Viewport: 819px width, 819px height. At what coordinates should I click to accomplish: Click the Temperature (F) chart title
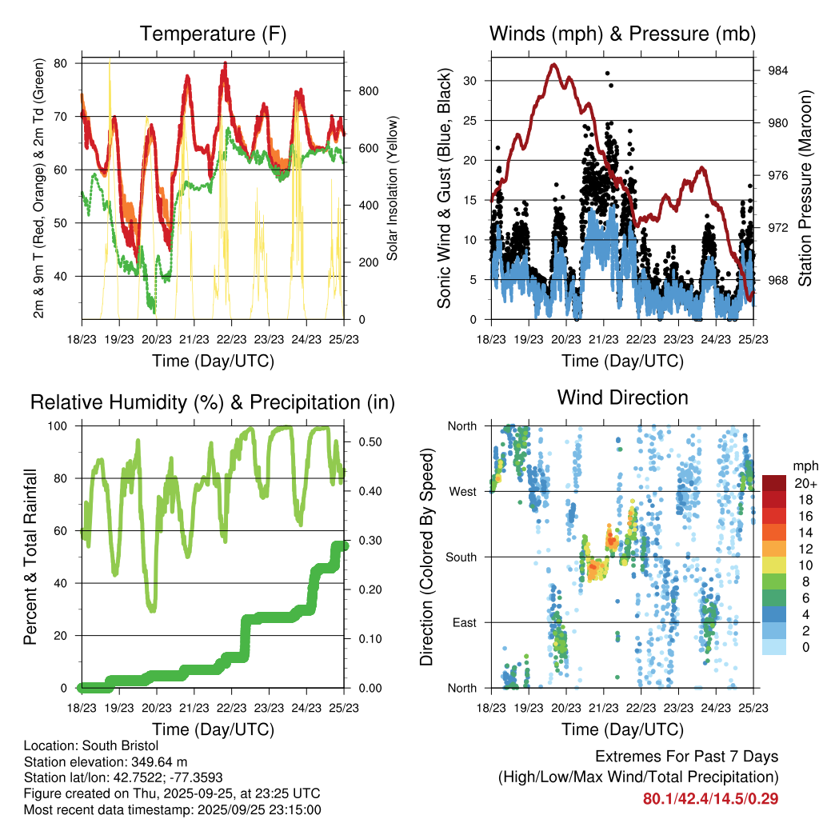point(213,34)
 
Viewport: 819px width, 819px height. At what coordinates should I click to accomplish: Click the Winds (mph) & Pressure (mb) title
point(622,34)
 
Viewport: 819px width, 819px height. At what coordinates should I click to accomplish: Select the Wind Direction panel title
point(622,398)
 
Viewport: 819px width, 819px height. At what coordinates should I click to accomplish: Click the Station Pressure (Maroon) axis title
point(805,188)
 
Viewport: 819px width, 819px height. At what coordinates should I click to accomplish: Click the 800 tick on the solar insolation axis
point(370,91)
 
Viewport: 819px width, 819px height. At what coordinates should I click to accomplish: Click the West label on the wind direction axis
point(462,491)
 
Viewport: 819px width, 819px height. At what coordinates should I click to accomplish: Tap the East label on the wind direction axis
point(463,622)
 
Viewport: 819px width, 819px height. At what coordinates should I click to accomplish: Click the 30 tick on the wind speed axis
point(473,81)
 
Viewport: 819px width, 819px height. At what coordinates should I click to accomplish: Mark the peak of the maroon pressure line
point(553,65)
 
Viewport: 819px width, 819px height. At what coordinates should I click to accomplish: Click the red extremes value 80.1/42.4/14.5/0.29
point(711,798)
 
